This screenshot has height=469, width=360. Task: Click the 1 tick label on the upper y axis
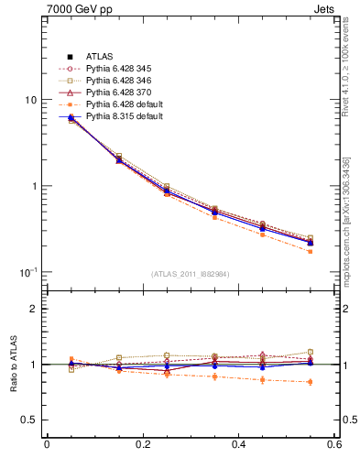pyautogui.click(x=33, y=186)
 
